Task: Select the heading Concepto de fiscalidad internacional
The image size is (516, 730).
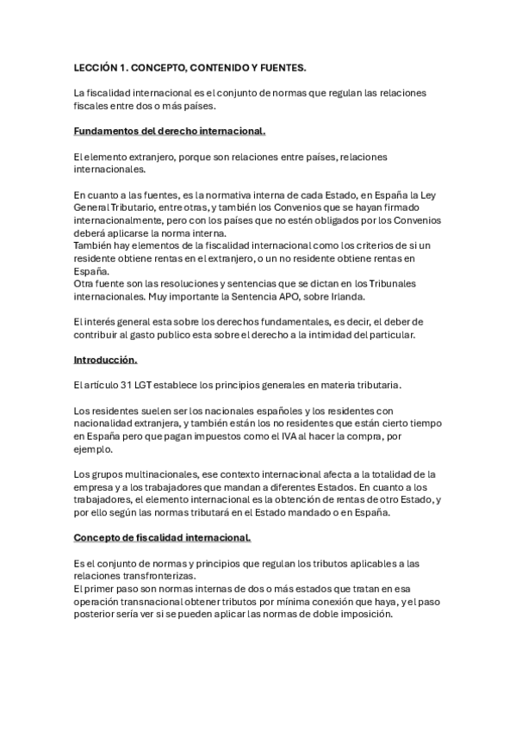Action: (162, 538)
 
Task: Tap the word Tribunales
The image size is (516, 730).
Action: (382, 282)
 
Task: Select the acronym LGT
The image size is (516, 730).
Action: (140, 385)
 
